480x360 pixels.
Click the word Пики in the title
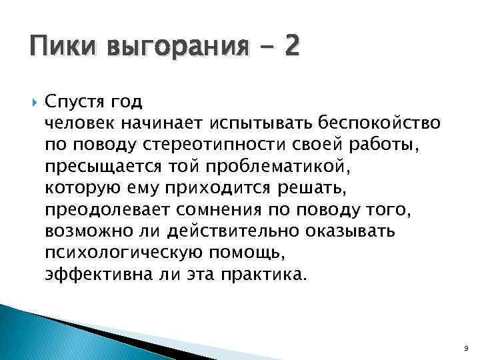[55, 48]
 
